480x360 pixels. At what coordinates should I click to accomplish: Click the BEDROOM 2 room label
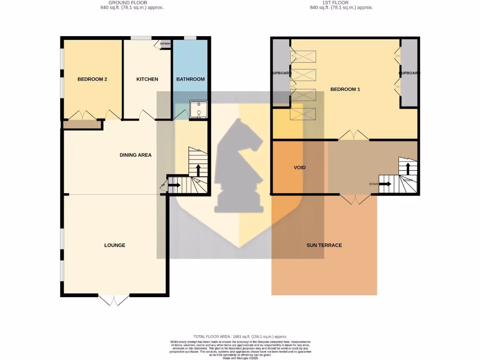point(92,79)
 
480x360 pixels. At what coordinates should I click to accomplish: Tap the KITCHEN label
point(147,79)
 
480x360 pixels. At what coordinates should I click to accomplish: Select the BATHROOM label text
point(190,79)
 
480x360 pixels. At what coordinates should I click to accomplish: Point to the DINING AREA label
point(135,155)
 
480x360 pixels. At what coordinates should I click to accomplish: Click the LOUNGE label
point(115,245)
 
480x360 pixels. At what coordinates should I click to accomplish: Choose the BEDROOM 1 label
point(345,89)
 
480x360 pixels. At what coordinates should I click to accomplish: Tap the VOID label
point(300,167)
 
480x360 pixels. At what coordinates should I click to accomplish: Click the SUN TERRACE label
point(324,245)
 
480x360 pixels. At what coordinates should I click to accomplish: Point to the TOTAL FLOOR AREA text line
point(240,337)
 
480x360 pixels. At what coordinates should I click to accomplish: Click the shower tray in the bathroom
point(199,109)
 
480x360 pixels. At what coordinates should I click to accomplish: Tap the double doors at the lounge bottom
point(114,300)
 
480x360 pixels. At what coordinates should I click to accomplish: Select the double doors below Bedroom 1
point(354,135)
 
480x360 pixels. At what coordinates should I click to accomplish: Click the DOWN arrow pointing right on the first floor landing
point(384,184)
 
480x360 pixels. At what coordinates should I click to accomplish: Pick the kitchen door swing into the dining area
point(147,114)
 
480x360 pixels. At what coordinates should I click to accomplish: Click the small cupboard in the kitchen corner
point(165,44)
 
